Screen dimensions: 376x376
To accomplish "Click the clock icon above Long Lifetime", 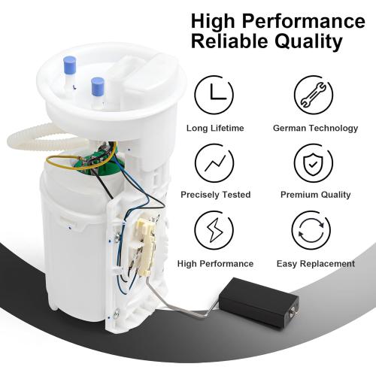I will pyautogui.click(x=215, y=96).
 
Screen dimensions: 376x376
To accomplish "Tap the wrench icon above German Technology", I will pyautogui.click(x=316, y=96).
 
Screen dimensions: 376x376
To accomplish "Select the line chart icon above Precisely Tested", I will pyautogui.click(x=215, y=162).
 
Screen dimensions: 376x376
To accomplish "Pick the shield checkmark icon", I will pyautogui.click(x=316, y=162).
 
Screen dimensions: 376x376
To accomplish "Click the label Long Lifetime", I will pyautogui.click(x=215, y=129).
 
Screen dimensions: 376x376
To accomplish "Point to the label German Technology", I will pyautogui.click(x=316, y=129).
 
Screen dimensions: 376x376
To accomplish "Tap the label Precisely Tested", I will pyautogui.click(x=215, y=196).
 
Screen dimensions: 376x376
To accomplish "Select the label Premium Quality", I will pyautogui.click(x=316, y=196).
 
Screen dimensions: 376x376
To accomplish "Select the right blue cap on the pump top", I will pyautogui.click(x=97, y=86).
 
